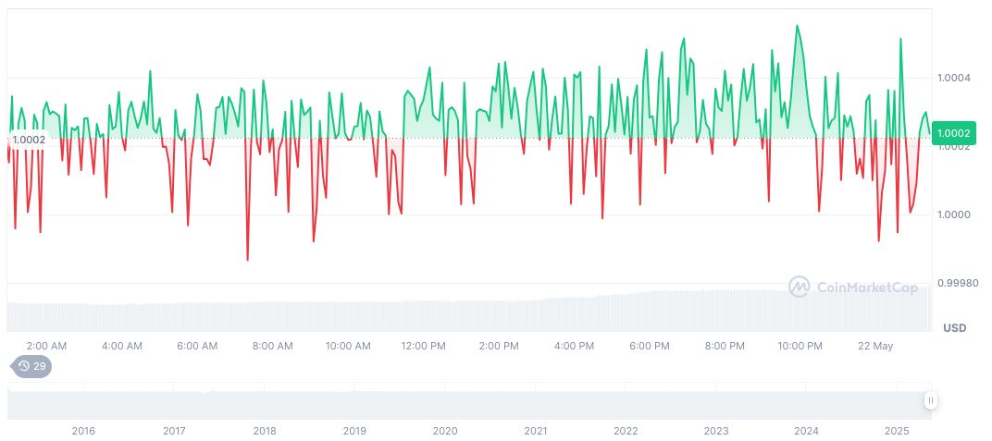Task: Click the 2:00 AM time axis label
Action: [46, 346]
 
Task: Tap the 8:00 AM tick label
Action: [272, 346]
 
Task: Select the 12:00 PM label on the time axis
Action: [423, 346]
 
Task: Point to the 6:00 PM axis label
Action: [649, 346]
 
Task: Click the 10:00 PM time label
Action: [800, 346]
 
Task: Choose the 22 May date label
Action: [874, 346]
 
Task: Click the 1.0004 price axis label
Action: [953, 78]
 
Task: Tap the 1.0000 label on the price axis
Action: [953, 214]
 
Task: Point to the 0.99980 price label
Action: [957, 283]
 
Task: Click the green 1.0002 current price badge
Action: [953, 133]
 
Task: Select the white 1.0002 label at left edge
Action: [29, 140]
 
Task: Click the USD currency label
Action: [954, 328]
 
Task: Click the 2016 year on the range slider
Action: [83, 431]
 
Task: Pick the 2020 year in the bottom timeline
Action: [445, 431]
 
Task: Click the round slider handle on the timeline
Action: [930, 400]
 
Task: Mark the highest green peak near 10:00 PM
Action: [797, 26]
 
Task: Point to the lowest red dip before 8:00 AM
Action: [247, 260]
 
